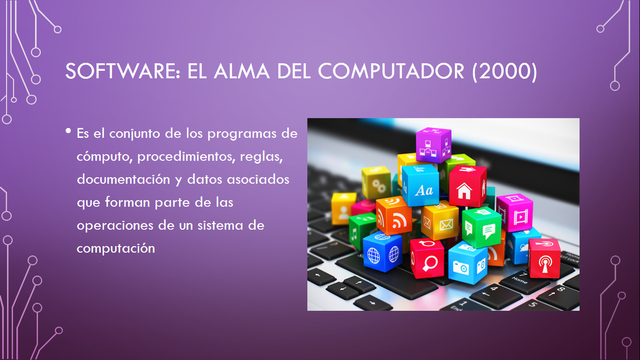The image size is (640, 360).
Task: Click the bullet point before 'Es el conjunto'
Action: (68, 132)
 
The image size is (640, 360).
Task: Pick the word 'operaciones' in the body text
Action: (114, 225)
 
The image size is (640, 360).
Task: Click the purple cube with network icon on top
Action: (434, 145)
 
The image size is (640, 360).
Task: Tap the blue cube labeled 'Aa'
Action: (420, 186)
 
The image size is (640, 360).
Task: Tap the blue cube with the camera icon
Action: (465, 262)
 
